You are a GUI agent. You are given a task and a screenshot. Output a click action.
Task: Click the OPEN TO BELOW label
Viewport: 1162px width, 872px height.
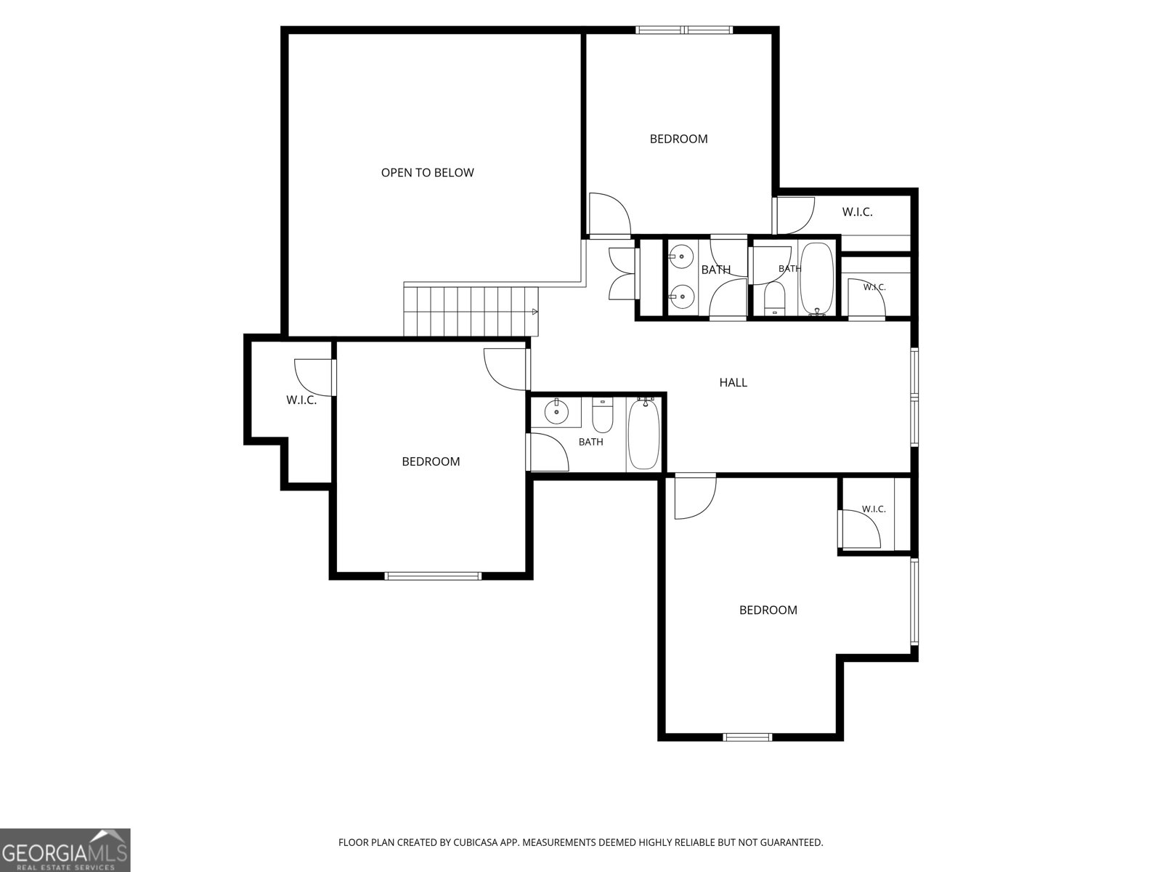pos(427,173)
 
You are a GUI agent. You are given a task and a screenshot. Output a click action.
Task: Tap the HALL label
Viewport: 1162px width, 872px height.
pos(734,382)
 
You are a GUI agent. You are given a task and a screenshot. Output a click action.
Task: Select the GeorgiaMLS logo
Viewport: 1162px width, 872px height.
pos(65,849)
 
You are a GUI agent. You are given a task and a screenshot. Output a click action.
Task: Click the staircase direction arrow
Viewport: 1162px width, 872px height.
pos(535,312)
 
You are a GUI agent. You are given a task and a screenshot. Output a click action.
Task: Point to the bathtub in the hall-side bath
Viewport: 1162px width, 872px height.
pos(643,435)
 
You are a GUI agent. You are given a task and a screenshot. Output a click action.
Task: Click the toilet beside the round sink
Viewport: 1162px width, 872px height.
pos(602,416)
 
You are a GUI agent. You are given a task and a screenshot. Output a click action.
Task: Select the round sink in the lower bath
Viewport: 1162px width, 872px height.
pos(556,413)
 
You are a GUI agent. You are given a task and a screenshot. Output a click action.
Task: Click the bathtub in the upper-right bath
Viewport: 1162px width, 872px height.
pos(817,279)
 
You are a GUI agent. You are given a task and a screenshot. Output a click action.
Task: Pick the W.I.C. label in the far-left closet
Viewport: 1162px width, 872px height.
pos(301,400)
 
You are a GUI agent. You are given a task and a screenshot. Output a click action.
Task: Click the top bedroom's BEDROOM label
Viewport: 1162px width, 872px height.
pos(678,139)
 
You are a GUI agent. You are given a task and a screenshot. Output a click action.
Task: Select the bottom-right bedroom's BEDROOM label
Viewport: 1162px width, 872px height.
pos(768,610)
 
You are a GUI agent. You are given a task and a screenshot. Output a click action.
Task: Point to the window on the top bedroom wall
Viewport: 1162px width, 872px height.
pos(685,30)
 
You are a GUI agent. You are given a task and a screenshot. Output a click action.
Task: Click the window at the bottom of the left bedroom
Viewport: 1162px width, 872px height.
pos(433,576)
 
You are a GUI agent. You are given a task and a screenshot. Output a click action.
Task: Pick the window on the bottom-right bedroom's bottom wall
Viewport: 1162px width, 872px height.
pos(747,737)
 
